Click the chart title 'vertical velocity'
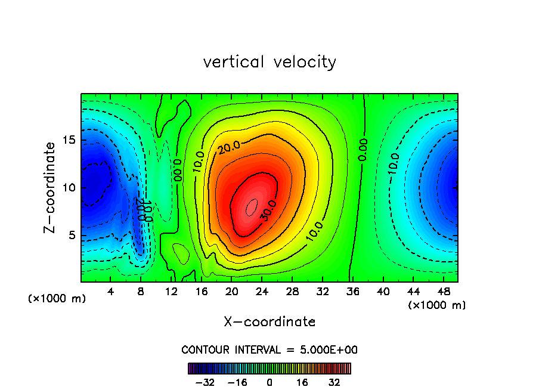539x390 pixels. pos(269,62)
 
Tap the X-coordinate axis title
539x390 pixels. pos(269,322)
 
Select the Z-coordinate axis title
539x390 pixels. pos(51,187)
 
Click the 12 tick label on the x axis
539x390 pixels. pos(171,292)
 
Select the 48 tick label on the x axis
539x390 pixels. pos(444,292)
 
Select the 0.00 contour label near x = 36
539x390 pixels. pos(363,150)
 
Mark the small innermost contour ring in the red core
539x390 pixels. pos(252,206)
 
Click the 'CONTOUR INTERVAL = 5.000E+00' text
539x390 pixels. pos(269,349)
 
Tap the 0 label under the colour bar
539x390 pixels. pos(269,382)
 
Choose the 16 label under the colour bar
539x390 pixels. pos(302,382)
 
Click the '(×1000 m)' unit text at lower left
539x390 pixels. pos(57,299)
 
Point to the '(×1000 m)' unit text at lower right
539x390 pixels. pos(437,305)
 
